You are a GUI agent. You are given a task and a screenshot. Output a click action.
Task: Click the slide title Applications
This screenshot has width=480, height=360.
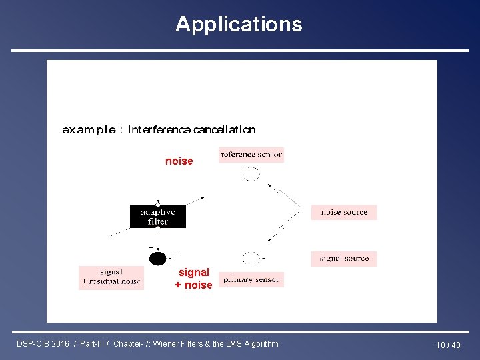coord(239,24)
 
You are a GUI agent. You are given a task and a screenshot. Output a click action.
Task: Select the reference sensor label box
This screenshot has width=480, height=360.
coord(251,155)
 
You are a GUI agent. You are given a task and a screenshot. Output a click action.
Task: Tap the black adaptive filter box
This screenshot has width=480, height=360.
coord(158,217)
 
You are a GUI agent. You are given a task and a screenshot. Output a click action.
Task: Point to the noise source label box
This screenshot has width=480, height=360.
coord(344,212)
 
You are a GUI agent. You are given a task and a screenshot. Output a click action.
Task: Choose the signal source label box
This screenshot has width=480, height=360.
coord(344,259)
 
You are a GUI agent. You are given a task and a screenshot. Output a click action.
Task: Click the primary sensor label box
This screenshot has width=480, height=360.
coord(251,280)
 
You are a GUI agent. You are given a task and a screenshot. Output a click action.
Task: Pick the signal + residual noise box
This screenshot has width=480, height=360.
coord(111,277)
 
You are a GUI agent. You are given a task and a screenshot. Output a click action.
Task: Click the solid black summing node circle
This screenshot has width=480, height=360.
coord(158,259)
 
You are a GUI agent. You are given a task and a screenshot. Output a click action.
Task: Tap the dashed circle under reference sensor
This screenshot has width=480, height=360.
coord(251,175)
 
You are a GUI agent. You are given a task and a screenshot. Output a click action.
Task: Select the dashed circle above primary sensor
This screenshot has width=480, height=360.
coord(251,259)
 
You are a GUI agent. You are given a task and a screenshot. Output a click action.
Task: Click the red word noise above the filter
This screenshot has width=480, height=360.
coord(179,161)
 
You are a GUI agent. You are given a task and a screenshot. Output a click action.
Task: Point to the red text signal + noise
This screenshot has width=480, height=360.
coord(193,279)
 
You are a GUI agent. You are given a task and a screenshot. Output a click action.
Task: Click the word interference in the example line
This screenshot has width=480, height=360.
coord(159,129)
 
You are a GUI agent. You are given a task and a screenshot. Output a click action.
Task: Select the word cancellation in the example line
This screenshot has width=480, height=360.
coord(224,129)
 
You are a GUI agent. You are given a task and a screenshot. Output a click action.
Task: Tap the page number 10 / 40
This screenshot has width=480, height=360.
coord(448,345)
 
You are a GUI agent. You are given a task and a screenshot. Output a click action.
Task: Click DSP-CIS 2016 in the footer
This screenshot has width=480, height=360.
coord(43,344)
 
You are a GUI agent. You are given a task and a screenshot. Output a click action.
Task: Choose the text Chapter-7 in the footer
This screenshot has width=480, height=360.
coord(131,344)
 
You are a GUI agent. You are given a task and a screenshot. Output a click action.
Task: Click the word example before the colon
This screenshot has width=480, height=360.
coord(88,129)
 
